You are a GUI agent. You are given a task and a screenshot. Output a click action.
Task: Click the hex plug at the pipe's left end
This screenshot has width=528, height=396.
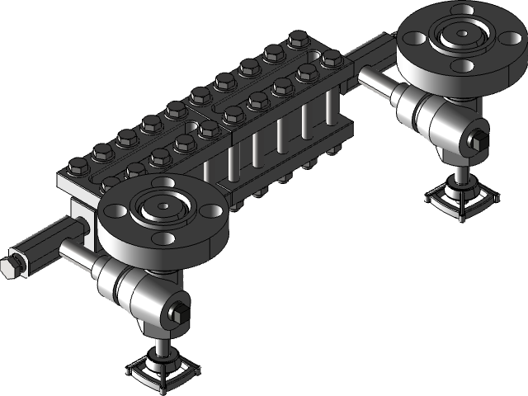(10, 266)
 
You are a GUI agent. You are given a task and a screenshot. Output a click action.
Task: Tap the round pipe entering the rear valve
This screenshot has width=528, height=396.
(374, 80)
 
